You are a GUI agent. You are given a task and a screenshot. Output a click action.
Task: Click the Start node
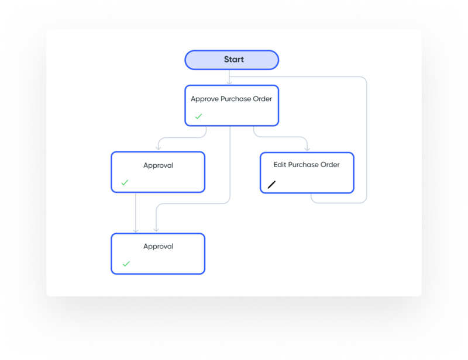[x=232, y=60]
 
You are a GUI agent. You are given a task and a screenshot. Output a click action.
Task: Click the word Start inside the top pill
[x=234, y=60]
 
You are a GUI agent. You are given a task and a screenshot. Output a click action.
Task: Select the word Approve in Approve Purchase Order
[x=204, y=99]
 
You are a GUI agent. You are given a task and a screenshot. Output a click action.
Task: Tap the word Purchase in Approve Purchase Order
[x=236, y=99]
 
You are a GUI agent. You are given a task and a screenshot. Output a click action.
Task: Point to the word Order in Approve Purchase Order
[x=262, y=99]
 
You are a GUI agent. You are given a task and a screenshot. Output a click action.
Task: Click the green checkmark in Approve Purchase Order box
[x=198, y=116]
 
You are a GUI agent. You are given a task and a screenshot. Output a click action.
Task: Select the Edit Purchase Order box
[x=307, y=172]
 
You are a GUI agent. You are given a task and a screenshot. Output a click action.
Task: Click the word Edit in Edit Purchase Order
[x=280, y=165]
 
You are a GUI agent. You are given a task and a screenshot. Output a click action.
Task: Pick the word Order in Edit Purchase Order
[x=330, y=165]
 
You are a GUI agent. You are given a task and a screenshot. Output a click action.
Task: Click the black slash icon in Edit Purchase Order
[x=271, y=185]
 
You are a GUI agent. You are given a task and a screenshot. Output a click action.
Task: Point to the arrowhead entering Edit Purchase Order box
[x=307, y=149]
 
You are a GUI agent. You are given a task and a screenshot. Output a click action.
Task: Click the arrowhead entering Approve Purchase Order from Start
[x=229, y=82]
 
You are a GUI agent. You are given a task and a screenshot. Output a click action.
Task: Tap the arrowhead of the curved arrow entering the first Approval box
[x=159, y=148]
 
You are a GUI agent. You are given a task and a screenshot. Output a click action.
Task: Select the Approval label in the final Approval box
[x=158, y=247]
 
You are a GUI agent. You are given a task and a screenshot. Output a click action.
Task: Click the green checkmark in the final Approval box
[x=126, y=264]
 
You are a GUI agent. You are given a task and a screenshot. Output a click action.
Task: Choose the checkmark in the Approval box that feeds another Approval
[x=125, y=182]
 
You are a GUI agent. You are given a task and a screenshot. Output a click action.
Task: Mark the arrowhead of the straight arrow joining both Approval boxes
[x=136, y=230]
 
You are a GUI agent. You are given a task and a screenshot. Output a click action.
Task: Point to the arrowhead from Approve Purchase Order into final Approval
[x=156, y=230]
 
